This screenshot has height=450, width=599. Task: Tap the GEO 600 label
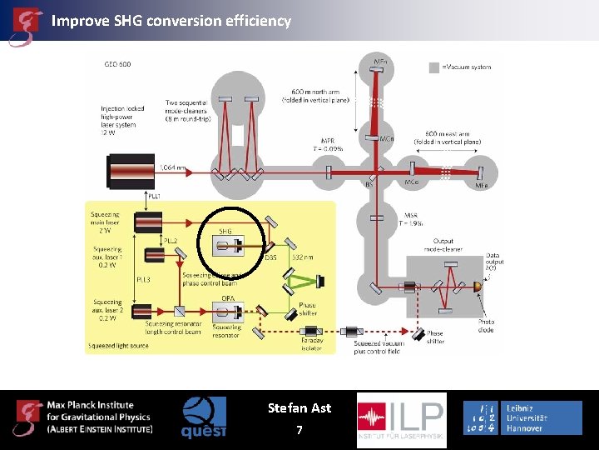pos(116,64)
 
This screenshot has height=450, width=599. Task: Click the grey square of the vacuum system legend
pos(433,67)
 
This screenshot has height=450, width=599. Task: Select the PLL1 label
pos(153,195)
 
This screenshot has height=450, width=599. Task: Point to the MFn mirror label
pos(379,61)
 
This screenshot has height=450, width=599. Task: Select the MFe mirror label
pos(482,185)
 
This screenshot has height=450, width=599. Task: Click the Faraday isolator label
pos(311,344)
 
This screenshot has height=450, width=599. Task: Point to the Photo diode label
pos(486,325)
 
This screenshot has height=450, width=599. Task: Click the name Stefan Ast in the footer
pos(299,408)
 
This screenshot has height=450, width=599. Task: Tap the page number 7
pos(299,430)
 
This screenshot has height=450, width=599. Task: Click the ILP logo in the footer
pos(401,420)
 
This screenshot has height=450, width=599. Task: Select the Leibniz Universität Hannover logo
pos(522,417)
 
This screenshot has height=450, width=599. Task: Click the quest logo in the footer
pos(204,417)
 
